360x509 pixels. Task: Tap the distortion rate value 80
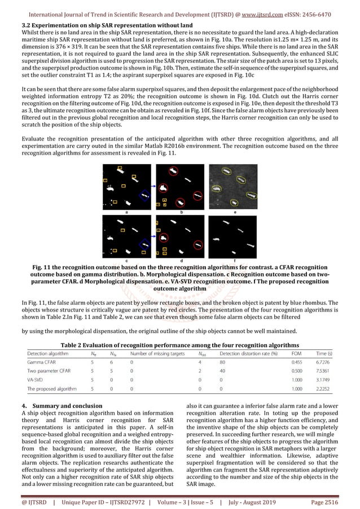pos(222,363)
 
